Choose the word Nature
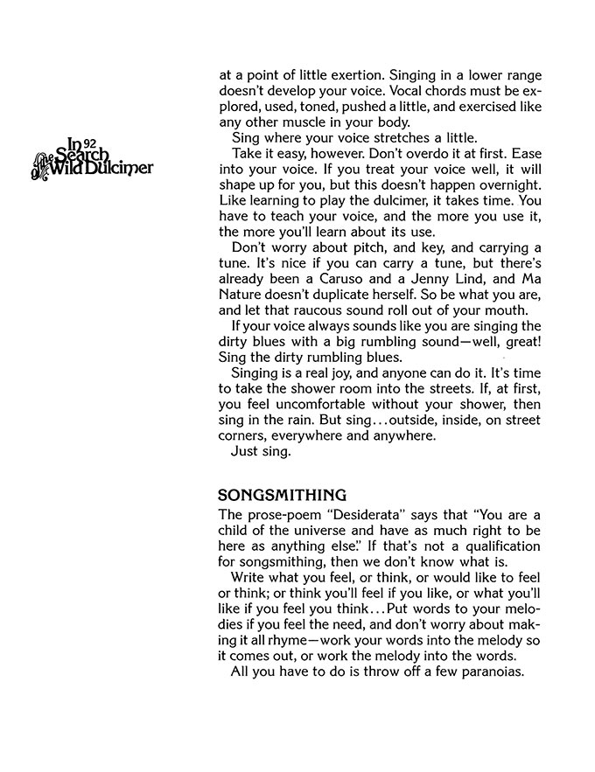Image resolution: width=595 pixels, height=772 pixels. click(245, 297)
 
